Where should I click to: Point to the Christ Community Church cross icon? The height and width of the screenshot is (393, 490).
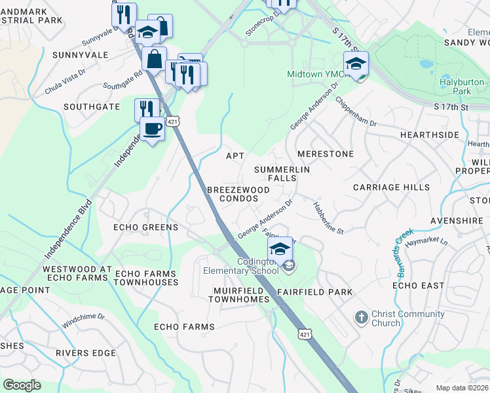360,318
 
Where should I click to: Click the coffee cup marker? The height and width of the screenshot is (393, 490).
153,129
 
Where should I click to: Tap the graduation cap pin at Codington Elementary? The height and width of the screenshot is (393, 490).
280,250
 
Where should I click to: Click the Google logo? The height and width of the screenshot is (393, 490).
22,385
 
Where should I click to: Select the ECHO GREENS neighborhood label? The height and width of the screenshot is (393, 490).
145,227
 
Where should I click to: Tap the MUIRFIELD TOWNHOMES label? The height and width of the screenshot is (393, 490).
239,295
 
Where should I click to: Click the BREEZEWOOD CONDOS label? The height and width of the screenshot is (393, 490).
238,194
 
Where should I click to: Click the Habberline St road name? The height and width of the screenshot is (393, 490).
330,217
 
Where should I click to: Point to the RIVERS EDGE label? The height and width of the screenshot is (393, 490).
86,353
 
